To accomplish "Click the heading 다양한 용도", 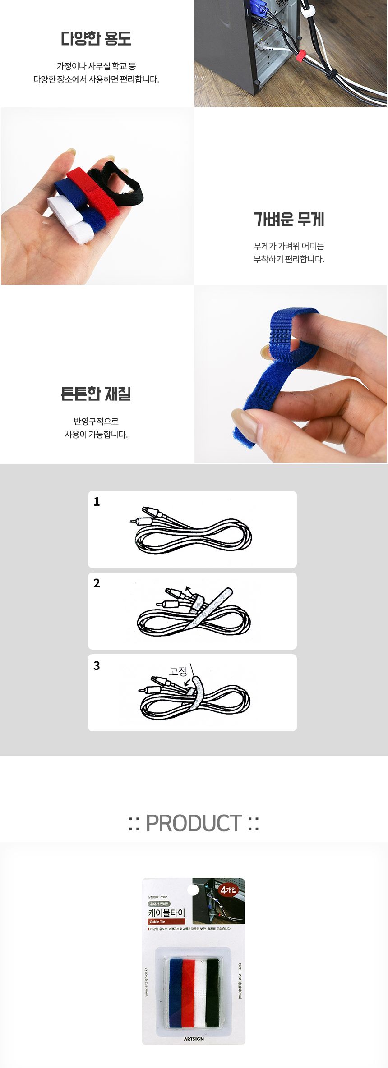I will tap(96, 39).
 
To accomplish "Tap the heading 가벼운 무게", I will tap(289, 219).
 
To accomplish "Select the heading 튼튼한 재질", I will tap(96, 394).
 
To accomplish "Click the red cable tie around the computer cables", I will tap(299, 57).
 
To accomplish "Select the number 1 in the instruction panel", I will tap(97, 502).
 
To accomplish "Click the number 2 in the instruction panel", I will tap(97, 583).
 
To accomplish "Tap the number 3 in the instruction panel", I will tap(97, 665).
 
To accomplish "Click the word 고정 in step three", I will tap(178, 671).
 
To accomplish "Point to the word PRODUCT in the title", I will tap(194, 823).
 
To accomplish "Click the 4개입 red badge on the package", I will tap(228, 889).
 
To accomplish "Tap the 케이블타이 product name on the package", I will tap(167, 912).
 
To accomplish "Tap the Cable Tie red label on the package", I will tap(157, 921).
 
